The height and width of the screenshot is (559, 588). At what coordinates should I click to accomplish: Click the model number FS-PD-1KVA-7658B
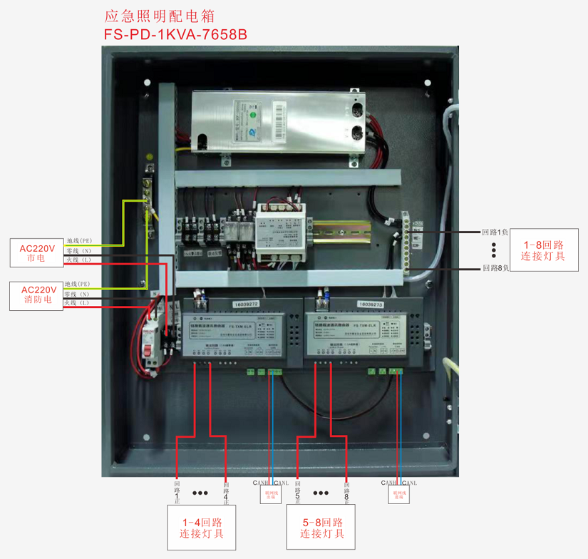[x=175, y=34]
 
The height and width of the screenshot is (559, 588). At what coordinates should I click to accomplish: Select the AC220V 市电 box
[x=36, y=253]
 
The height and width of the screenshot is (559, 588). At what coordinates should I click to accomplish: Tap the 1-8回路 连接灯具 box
[x=542, y=250]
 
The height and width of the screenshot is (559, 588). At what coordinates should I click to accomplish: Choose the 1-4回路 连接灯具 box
[x=202, y=528]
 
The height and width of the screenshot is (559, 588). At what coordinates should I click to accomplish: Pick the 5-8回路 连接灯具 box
[x=322, y=528]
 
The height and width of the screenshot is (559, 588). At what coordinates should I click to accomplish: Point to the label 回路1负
[x=495, y=232]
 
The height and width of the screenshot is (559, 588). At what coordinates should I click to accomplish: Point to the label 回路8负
[x=495, y=268]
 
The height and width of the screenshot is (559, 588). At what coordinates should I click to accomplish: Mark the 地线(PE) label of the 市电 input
[x=79, y=241]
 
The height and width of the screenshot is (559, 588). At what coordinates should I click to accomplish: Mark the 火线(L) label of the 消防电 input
[x=77, y=303]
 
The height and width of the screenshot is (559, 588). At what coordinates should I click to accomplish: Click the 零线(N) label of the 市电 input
[x=78, y=250]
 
